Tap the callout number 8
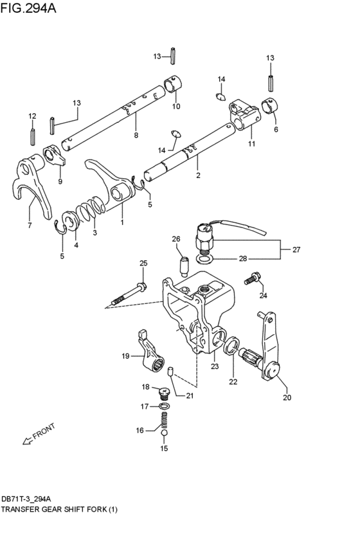pyautogui.click(x=136, y=135)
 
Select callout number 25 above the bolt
pyautogui.click(x=143, y=263)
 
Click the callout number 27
pyautogui.click(x=296, y=249)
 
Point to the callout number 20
pyautogui.click(x=287, y=397)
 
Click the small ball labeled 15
pyautogui.click(x=164, y=435)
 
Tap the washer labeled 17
pyautogui.click(x=164, y=406)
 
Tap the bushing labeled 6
pyautogui.click(x=273, y=105)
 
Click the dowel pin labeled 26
pyautogui.click(x=183, y=264)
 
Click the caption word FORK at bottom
pyautogui.click(x=96, y=510)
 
